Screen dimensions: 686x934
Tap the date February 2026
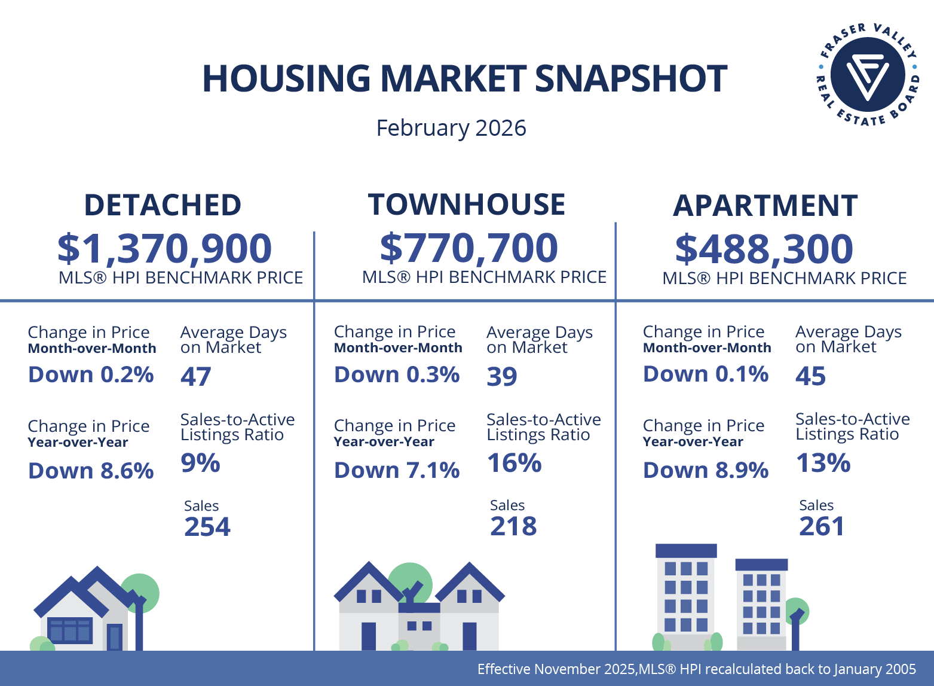point(451,128)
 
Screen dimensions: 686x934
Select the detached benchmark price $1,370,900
point(164,249)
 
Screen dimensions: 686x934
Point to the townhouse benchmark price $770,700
point(469,248)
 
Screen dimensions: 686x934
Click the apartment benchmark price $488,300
point(764,249)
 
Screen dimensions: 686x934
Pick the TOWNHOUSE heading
point(467,205)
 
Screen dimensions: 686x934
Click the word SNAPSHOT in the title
point(630,78)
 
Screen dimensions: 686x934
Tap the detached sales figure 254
point(207,527)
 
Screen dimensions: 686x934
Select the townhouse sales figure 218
point(513,526)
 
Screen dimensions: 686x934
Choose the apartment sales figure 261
point(822,526)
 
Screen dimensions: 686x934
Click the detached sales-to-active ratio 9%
point(200,463)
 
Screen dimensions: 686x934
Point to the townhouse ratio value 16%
point(514,463)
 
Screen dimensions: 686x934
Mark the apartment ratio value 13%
point(823,463)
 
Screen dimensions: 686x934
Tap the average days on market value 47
point(195,377)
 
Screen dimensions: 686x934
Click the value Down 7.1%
point(397,471)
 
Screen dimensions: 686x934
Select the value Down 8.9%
point(706,471)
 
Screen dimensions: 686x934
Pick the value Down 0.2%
point(91,375)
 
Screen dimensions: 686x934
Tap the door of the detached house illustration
point(114,636)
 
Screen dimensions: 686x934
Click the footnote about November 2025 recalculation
point(696,669)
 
